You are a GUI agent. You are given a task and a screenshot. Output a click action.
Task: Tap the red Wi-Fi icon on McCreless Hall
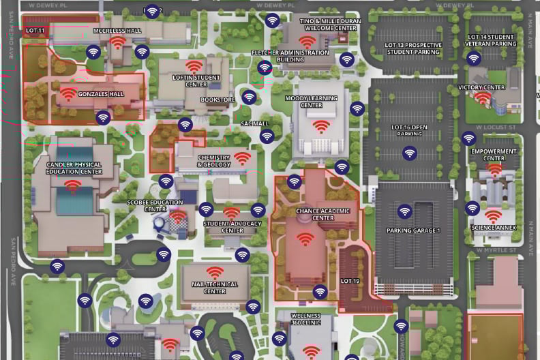pos(118,42)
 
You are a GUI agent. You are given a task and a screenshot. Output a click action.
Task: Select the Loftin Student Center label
pos(196,81)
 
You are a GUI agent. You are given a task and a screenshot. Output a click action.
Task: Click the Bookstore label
pos(217,100)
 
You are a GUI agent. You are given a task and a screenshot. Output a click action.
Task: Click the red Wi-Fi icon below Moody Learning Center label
pos(320,126)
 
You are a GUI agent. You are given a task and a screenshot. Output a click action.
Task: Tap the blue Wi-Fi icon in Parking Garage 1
pos(404,211)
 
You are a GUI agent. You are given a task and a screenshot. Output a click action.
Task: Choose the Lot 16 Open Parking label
pos(410,130)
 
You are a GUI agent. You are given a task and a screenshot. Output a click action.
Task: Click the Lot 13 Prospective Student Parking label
pos(412,48)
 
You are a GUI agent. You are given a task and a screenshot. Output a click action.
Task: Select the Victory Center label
pos(481,87)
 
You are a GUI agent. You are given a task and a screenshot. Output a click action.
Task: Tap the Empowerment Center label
pos(494,155)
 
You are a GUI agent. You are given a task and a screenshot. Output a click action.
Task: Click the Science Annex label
pos(494,228)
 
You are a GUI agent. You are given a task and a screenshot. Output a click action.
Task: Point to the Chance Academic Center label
pos(314,215)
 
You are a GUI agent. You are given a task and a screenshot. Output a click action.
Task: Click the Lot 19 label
pos(350,280)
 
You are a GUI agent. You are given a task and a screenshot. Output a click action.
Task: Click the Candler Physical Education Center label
pos(74,168)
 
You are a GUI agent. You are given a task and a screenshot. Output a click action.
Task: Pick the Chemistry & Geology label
pos(214,161)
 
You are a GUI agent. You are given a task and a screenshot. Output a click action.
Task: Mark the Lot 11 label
pos(35,31)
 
